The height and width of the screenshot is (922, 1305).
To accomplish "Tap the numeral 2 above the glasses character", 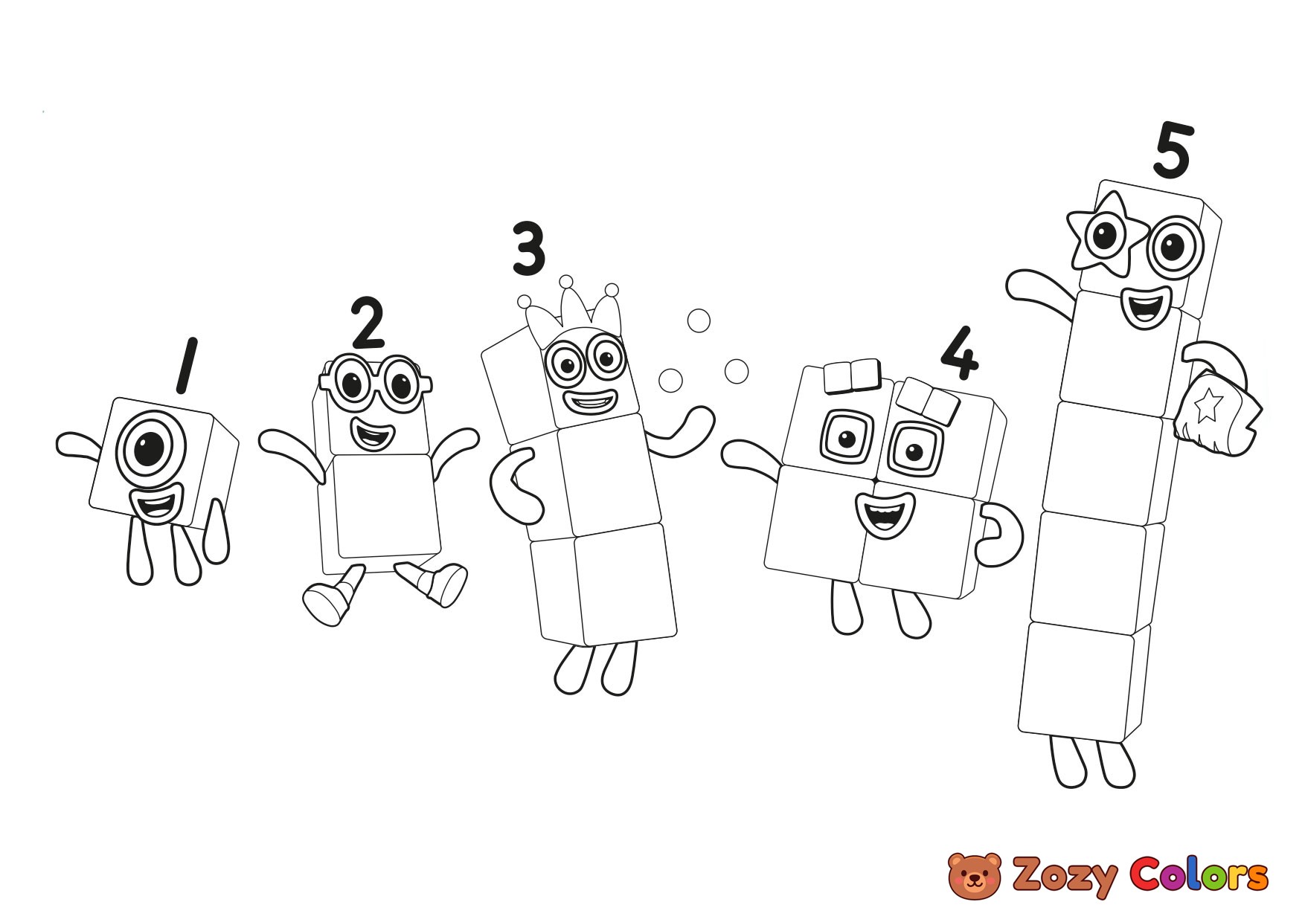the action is [368, 323].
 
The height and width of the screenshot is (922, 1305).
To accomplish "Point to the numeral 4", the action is [960, 352].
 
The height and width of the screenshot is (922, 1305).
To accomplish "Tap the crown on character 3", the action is [569, 312].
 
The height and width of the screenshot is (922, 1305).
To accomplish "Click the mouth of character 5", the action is [1143, 307].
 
